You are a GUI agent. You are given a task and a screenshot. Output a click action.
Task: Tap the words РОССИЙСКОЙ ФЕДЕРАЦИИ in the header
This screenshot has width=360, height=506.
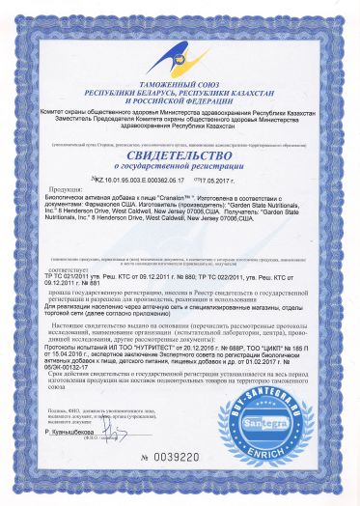tap(180, 95)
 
